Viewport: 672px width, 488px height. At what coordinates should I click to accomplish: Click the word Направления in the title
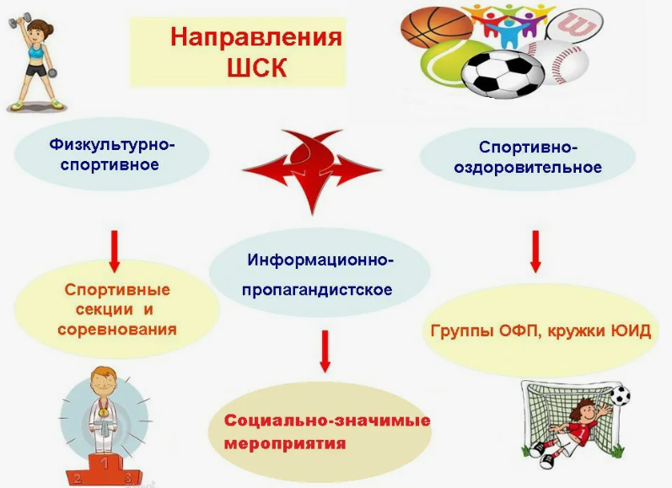[x=256, y=37]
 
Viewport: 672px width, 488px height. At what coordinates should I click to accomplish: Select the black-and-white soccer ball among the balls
[x=503, y=72]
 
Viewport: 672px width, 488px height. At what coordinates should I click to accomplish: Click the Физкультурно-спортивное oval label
[x=112, y=154]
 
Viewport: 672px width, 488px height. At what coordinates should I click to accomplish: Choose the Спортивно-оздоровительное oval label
[x=528, y=158]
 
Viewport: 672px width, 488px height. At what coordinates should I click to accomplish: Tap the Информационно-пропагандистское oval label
[x=320, y=274]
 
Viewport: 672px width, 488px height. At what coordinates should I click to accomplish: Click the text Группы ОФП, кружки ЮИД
[x=540, y=331]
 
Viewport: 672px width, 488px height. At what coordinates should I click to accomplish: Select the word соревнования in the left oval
[x=117, y=329]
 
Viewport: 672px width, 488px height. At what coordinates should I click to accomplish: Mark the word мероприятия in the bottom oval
[x=285, y=443]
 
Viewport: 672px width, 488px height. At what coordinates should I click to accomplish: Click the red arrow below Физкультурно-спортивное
[x=114, y=251]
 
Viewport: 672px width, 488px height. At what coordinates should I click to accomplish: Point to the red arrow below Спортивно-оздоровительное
[x=535, y=251]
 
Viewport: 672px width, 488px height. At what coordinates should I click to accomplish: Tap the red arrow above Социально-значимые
[x=325, y=351]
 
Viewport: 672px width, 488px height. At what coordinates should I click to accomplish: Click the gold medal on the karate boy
[x=104, y=412]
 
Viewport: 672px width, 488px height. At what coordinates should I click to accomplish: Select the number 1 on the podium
[x=104, y=463]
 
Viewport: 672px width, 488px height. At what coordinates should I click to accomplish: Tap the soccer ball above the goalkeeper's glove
[x=620, y=395]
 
